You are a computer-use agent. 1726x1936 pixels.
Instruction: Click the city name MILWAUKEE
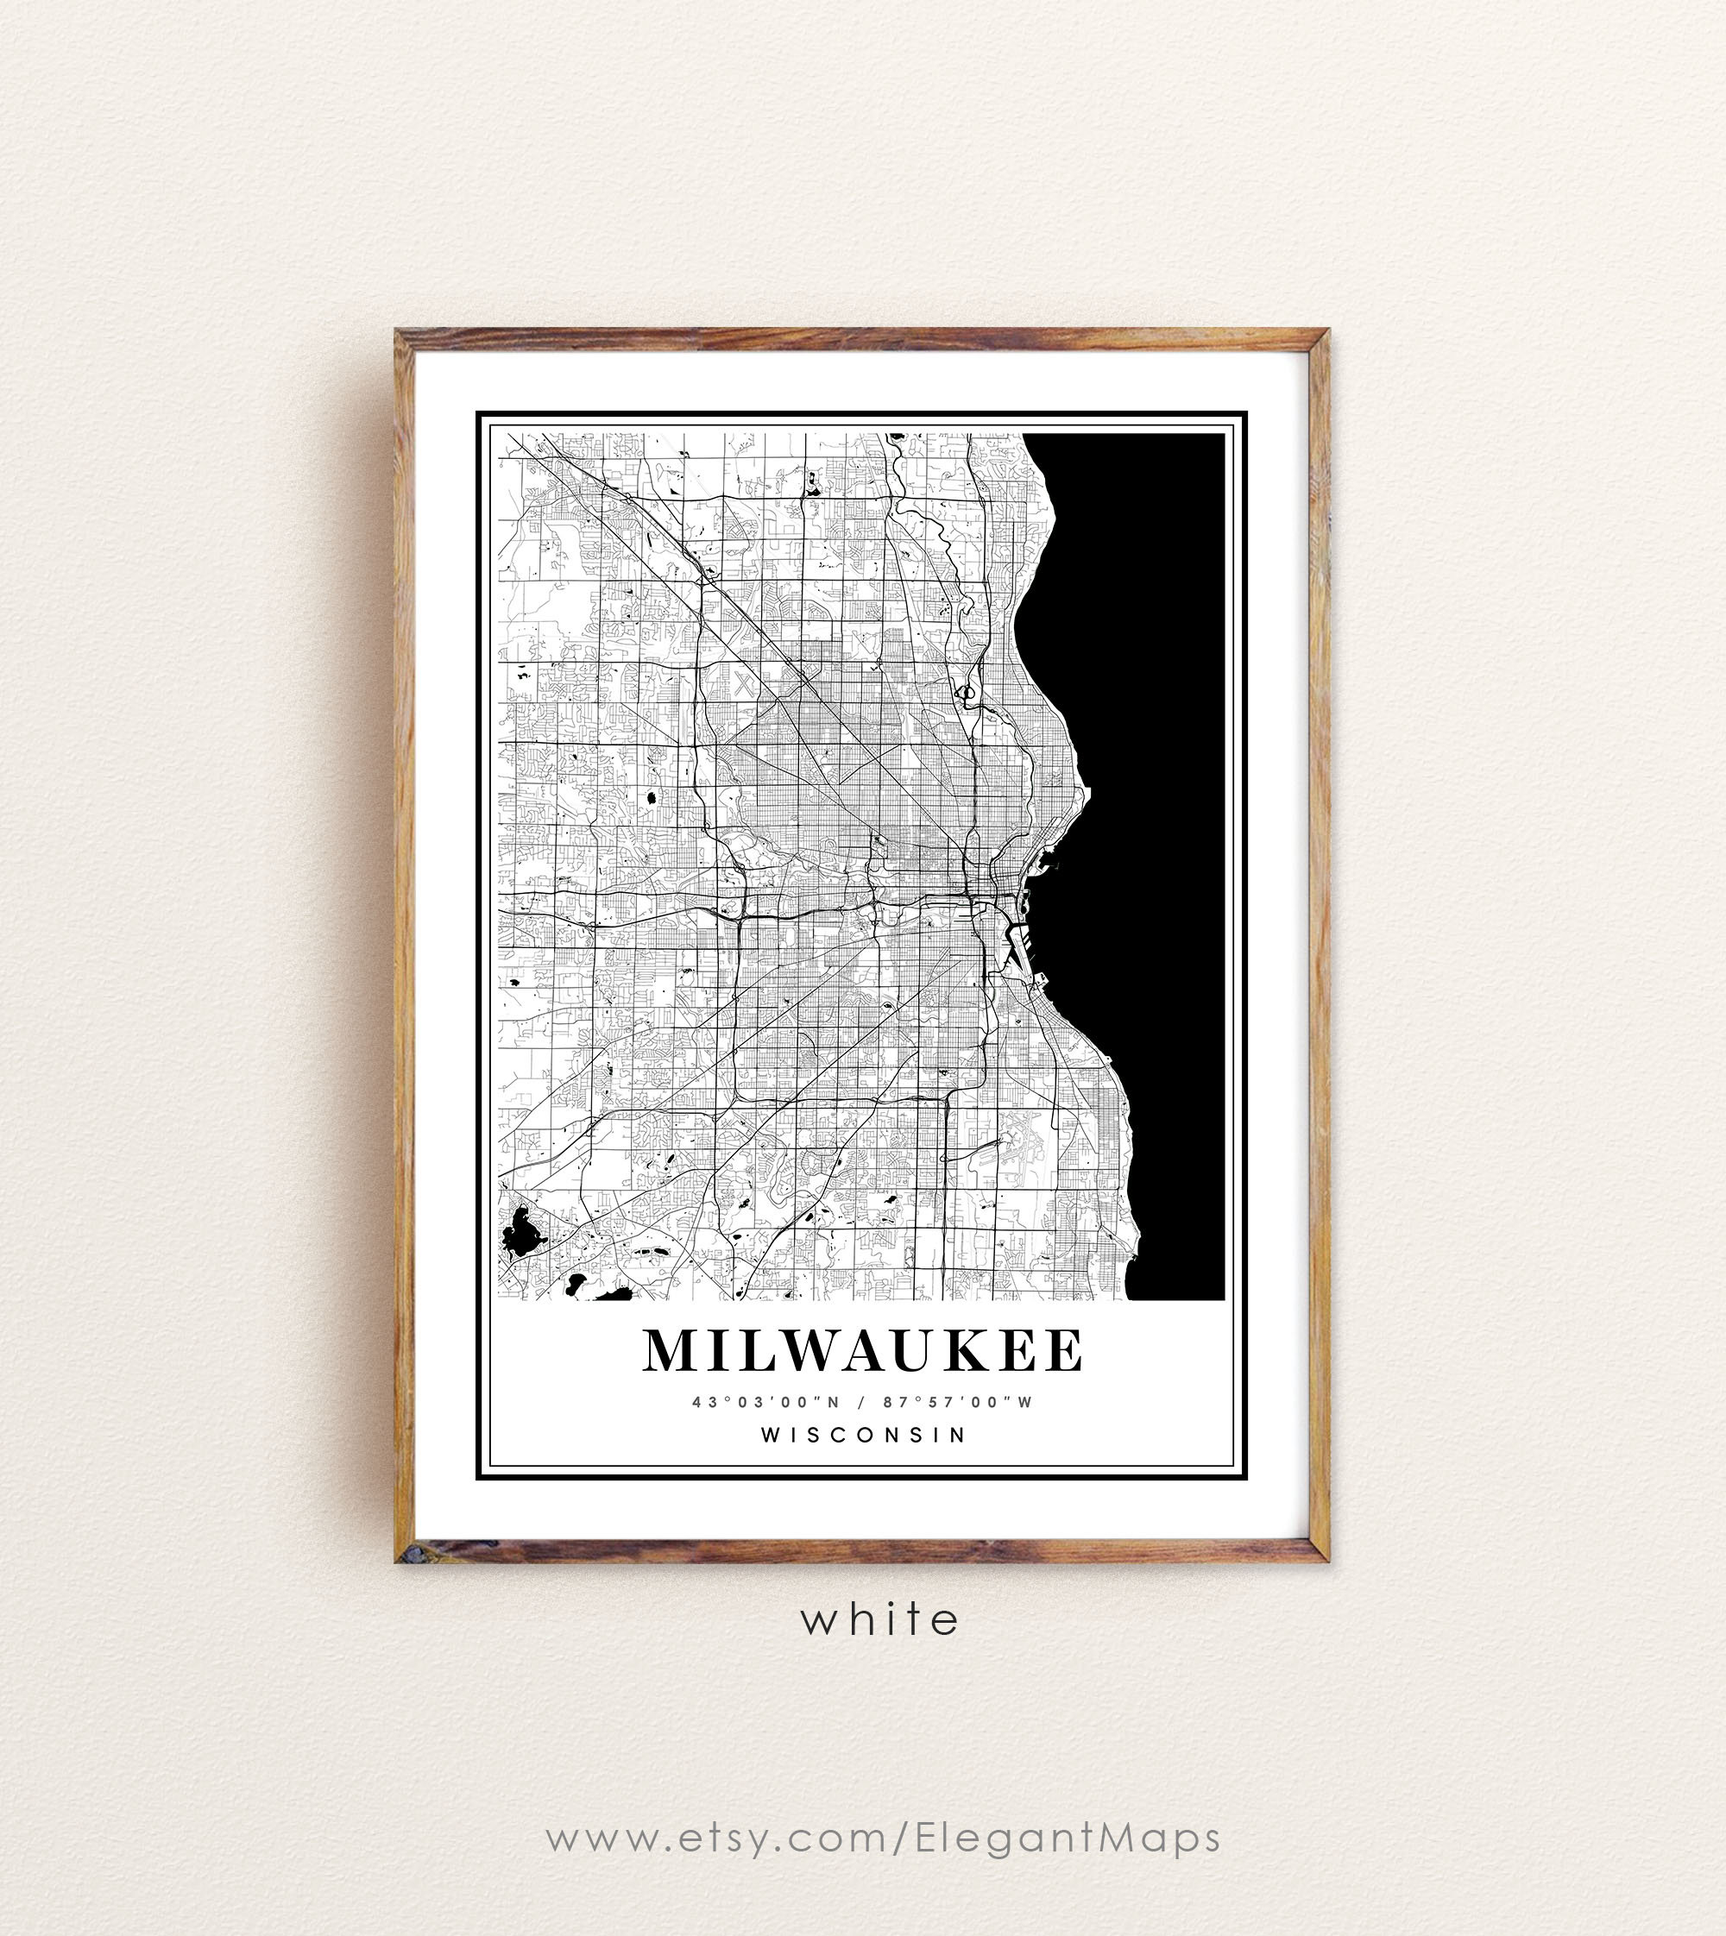(862, 1351)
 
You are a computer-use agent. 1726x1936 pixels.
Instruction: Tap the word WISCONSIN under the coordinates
(862, 1436)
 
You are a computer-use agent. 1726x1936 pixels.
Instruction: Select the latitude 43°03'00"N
(765, 1402)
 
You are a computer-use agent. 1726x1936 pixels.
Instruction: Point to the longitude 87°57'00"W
(957, 1402)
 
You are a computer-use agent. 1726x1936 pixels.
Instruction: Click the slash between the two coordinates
(861, 1402)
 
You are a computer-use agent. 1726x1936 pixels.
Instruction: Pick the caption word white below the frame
(879, 1619)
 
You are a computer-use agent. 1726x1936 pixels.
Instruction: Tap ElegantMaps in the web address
(1068, 1838)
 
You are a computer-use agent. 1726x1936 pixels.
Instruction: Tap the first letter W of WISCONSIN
(771, 1436)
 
